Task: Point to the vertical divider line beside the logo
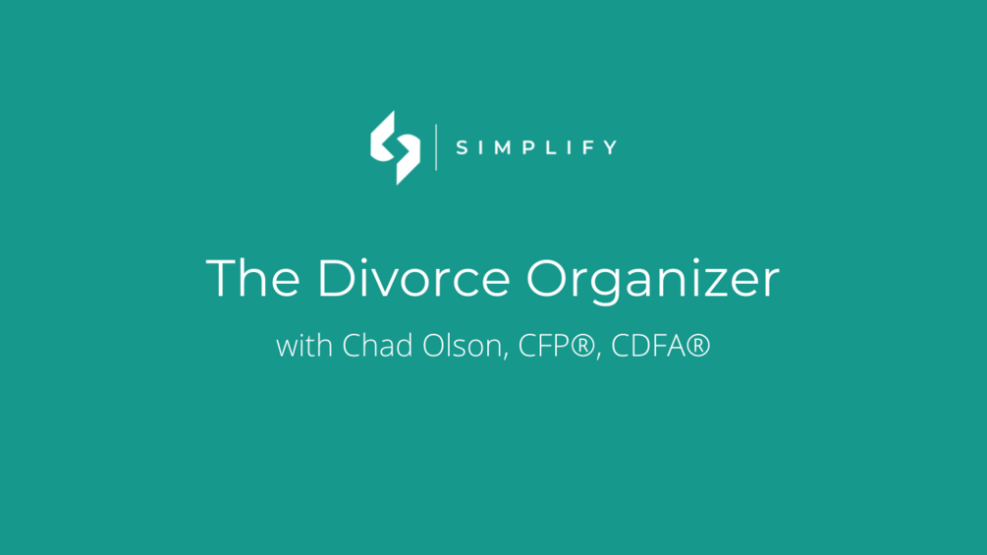(x=437, y=147)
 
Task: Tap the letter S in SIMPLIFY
(x=463, y=148)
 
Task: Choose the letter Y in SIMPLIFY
(x=611, y=148)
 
